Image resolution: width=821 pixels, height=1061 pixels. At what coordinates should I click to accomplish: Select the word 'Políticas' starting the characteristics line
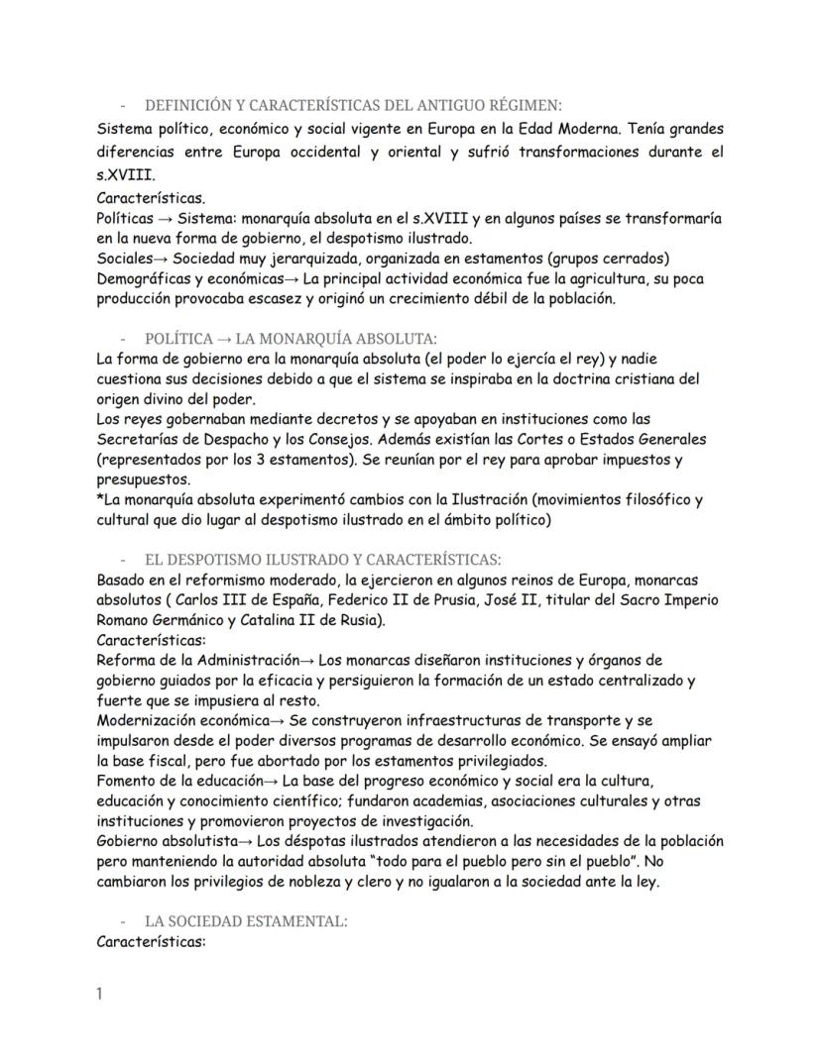click(126, 217)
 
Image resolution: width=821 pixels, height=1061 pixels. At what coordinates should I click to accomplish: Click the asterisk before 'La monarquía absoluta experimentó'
click(100, 498)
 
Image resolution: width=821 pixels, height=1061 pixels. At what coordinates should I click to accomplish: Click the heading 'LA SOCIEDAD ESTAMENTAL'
click(245, 921)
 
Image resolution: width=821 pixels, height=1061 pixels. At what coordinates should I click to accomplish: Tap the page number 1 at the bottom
click(100, 994)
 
